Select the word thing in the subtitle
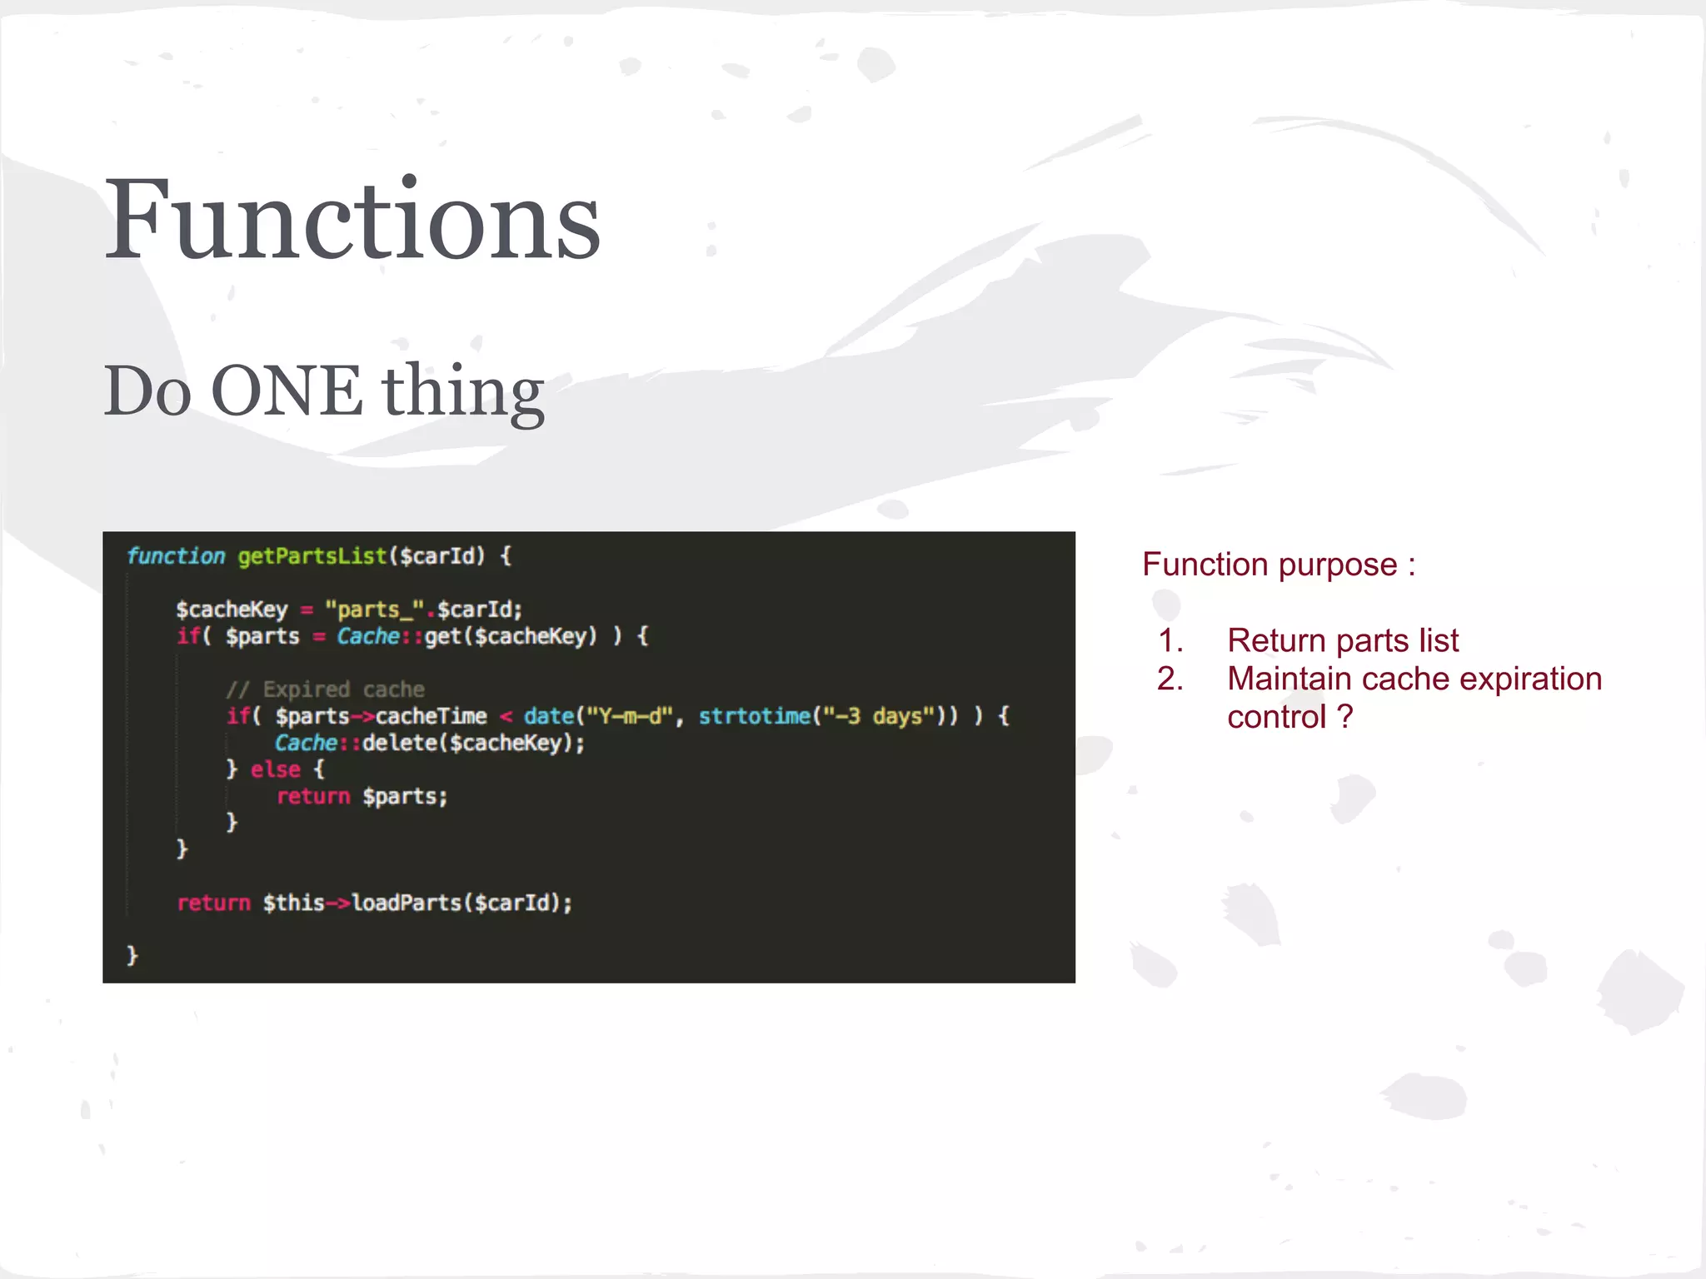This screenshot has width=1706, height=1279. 463,391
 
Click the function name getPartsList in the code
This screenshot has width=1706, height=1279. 312,556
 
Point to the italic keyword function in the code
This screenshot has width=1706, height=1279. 176,556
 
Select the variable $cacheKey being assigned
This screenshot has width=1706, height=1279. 232,610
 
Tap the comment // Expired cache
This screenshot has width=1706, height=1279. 326,689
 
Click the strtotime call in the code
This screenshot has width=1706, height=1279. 754,716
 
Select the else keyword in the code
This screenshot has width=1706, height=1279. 276,769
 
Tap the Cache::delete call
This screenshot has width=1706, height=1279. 429,743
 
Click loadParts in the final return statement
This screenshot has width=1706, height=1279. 406,903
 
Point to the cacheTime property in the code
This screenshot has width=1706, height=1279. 431,716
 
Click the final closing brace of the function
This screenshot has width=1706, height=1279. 132,955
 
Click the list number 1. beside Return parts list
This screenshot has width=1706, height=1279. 1170,640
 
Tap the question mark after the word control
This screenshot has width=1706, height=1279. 1344,717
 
